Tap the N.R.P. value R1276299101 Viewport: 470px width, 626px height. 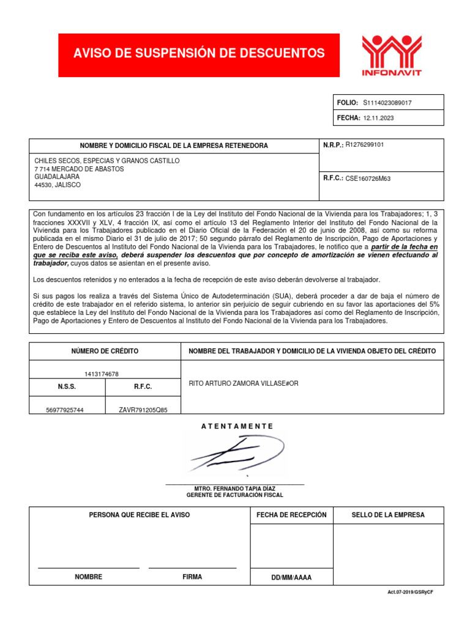tap(365, 145)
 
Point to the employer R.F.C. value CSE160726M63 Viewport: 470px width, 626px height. tap(368, 179)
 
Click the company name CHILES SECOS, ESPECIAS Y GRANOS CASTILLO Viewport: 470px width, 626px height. tap(107, 161)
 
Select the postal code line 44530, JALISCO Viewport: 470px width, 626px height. tap(58, 185)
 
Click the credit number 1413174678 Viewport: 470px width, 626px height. tap(102, 374)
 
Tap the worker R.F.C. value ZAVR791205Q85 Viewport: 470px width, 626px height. tap(143, 410)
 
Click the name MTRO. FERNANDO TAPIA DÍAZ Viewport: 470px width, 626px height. tap(235, 488)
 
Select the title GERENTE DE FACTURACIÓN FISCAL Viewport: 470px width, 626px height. tap(235, 495)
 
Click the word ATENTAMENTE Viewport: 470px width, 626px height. tap(237, 426)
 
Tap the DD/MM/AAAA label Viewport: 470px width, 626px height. tap(291, 577)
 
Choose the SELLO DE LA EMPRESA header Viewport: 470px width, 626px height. tap(388, 515)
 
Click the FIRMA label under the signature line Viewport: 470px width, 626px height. tap(192, 576)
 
